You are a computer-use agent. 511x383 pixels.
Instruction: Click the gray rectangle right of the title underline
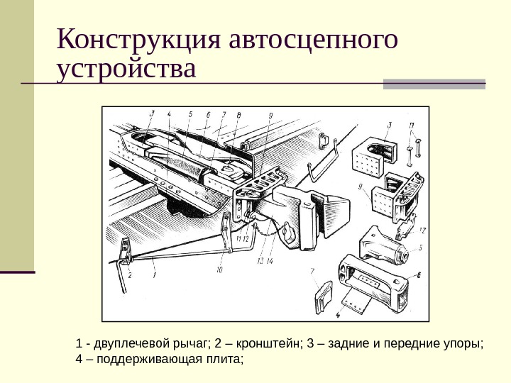[x=434, y=84]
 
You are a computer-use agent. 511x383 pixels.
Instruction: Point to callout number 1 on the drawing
[x=155, y=270]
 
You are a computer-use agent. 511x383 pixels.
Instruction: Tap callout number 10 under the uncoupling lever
[x=219, y=270]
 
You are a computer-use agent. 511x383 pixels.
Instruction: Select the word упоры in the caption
[x=463, y=345]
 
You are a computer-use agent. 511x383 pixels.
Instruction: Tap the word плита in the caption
[x=226, y=360]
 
